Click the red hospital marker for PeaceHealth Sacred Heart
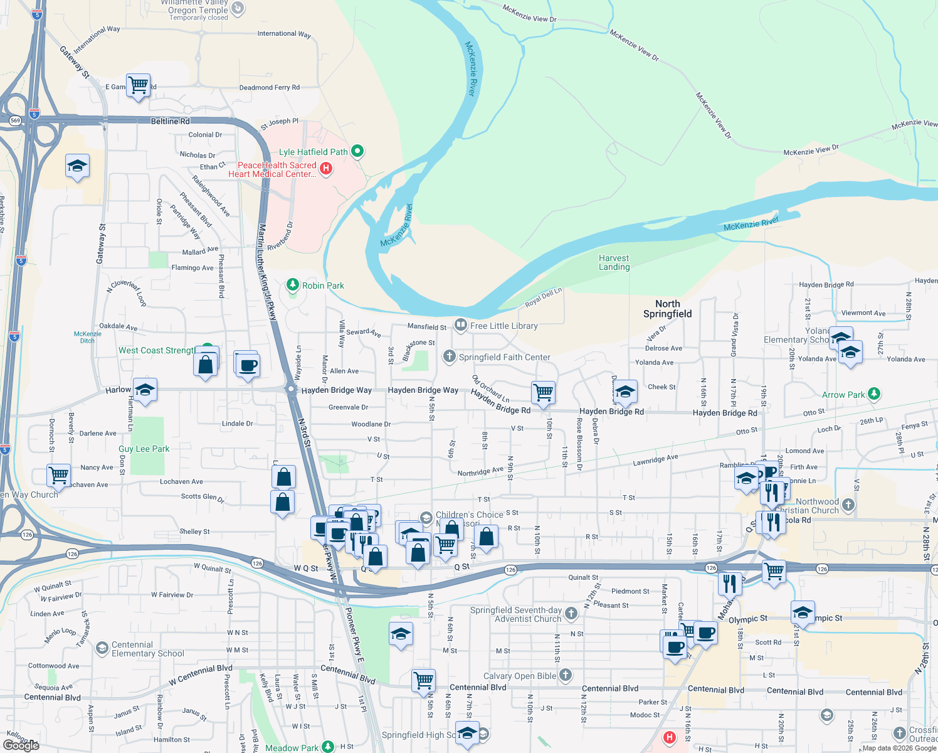click(x=326, y=168)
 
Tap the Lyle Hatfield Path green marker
click(x=357, y=151)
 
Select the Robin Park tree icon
click(x=293, y=285)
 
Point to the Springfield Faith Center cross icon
click(x=449, y=356)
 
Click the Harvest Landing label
click(x=614, y=262)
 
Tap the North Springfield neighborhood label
click(x=667, y=309)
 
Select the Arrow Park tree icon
click(x=874, y=394)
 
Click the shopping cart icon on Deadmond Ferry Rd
click(x=138, y=85)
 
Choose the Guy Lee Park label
click(x=144, y=449)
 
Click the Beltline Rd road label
click(x=170, y=120)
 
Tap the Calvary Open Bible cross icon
click(x=566, y=675)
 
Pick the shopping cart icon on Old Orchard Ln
click(x=543, y=392)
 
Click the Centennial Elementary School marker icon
click(x=102, y=648)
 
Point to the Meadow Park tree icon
click(x=328, y=746)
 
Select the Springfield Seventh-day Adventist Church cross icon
click(x=571, y=613)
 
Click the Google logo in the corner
click(x=21, y=745)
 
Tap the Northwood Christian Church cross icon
click(x=848, y=504)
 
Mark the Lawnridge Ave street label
click(x=655, y=460)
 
